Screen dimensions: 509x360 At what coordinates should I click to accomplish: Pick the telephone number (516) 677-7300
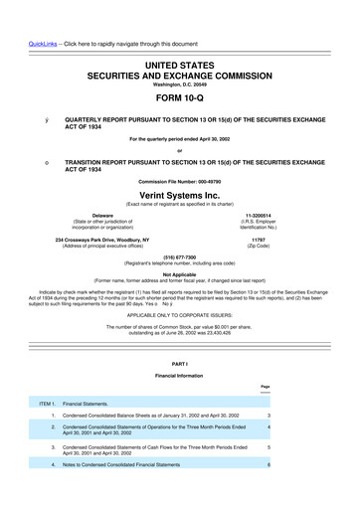pyautogui.click(x=180, y=254)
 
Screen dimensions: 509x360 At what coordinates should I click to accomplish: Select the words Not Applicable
pyautogui.click(x=180, y=273)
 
